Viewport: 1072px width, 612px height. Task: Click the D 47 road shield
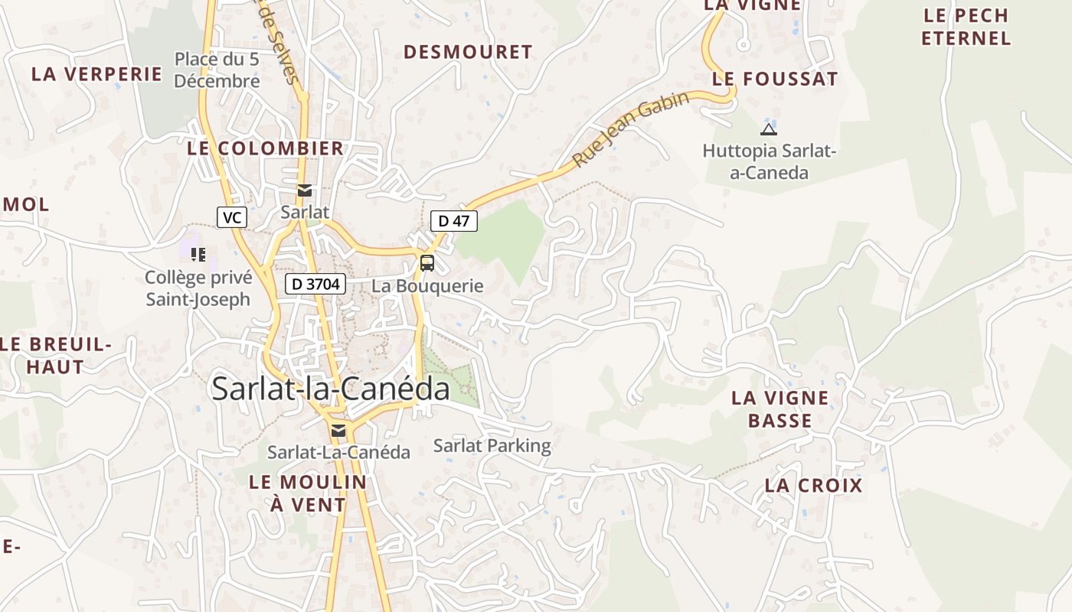pos(454,221)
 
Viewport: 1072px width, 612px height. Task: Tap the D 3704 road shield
pos(316,285)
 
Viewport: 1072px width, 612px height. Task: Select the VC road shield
pos(232,217)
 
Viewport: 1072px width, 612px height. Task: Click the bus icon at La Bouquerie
pos(427,263)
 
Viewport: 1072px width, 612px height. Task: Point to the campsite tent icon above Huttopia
pos(768,129)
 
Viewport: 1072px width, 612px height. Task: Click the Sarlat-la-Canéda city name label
pos(331,389)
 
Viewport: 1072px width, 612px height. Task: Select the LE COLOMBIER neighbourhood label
pos(266,148)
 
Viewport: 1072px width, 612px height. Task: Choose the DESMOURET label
pos(468,52)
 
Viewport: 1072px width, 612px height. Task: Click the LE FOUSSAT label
pos(775,79)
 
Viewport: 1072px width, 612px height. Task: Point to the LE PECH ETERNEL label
pos(966,27)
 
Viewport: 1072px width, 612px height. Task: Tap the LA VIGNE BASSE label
pos(779,409)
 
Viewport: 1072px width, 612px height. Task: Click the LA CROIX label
pos(813,485)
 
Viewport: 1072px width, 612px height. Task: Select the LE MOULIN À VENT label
pos(308,493)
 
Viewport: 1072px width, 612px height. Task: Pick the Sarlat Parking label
pos(492,445)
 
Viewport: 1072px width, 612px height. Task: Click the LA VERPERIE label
pos(96,74)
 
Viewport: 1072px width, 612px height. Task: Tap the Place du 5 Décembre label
pos(217,70)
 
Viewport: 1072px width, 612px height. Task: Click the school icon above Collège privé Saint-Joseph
pos(198,255)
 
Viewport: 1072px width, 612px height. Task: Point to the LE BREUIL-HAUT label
pos(55,356)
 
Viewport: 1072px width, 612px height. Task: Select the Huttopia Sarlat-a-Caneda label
pos(769,161)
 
